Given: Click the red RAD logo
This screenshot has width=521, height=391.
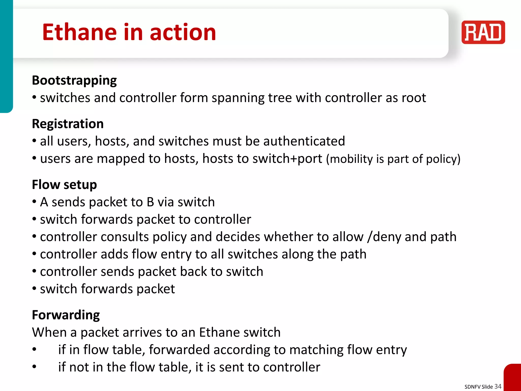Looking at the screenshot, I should pyautogui.click(x=483, y=32).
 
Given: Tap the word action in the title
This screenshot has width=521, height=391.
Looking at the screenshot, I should pyautogui.click(x=183, y=32).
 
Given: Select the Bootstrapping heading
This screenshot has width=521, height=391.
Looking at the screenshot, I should pyautogui.click(x=74, y=81).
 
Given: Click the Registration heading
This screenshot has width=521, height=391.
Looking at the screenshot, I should pyautogui.click(x=68, y=124).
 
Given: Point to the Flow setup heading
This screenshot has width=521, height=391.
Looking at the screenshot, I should pyautogui.click(x=64, y=185).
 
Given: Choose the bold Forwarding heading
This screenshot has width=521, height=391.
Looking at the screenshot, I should pyautogui.click(x=66, y=315).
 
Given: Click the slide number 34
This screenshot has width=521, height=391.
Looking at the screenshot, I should pyautogui.click(x=498, y=386).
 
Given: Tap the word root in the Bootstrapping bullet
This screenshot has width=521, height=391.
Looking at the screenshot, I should pyautogui.click(x=414, y=98).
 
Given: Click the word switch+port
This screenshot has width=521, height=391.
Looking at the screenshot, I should pyautogui.click(x=287, y=159).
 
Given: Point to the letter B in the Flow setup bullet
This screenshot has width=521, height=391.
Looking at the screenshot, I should pyautogui.click(x=150, y=202).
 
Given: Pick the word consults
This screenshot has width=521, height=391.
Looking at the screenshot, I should pyautogui.click(x=125, y=237).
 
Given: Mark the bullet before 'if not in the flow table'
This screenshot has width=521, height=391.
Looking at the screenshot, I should pyautogui.click(x=34, y=367).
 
